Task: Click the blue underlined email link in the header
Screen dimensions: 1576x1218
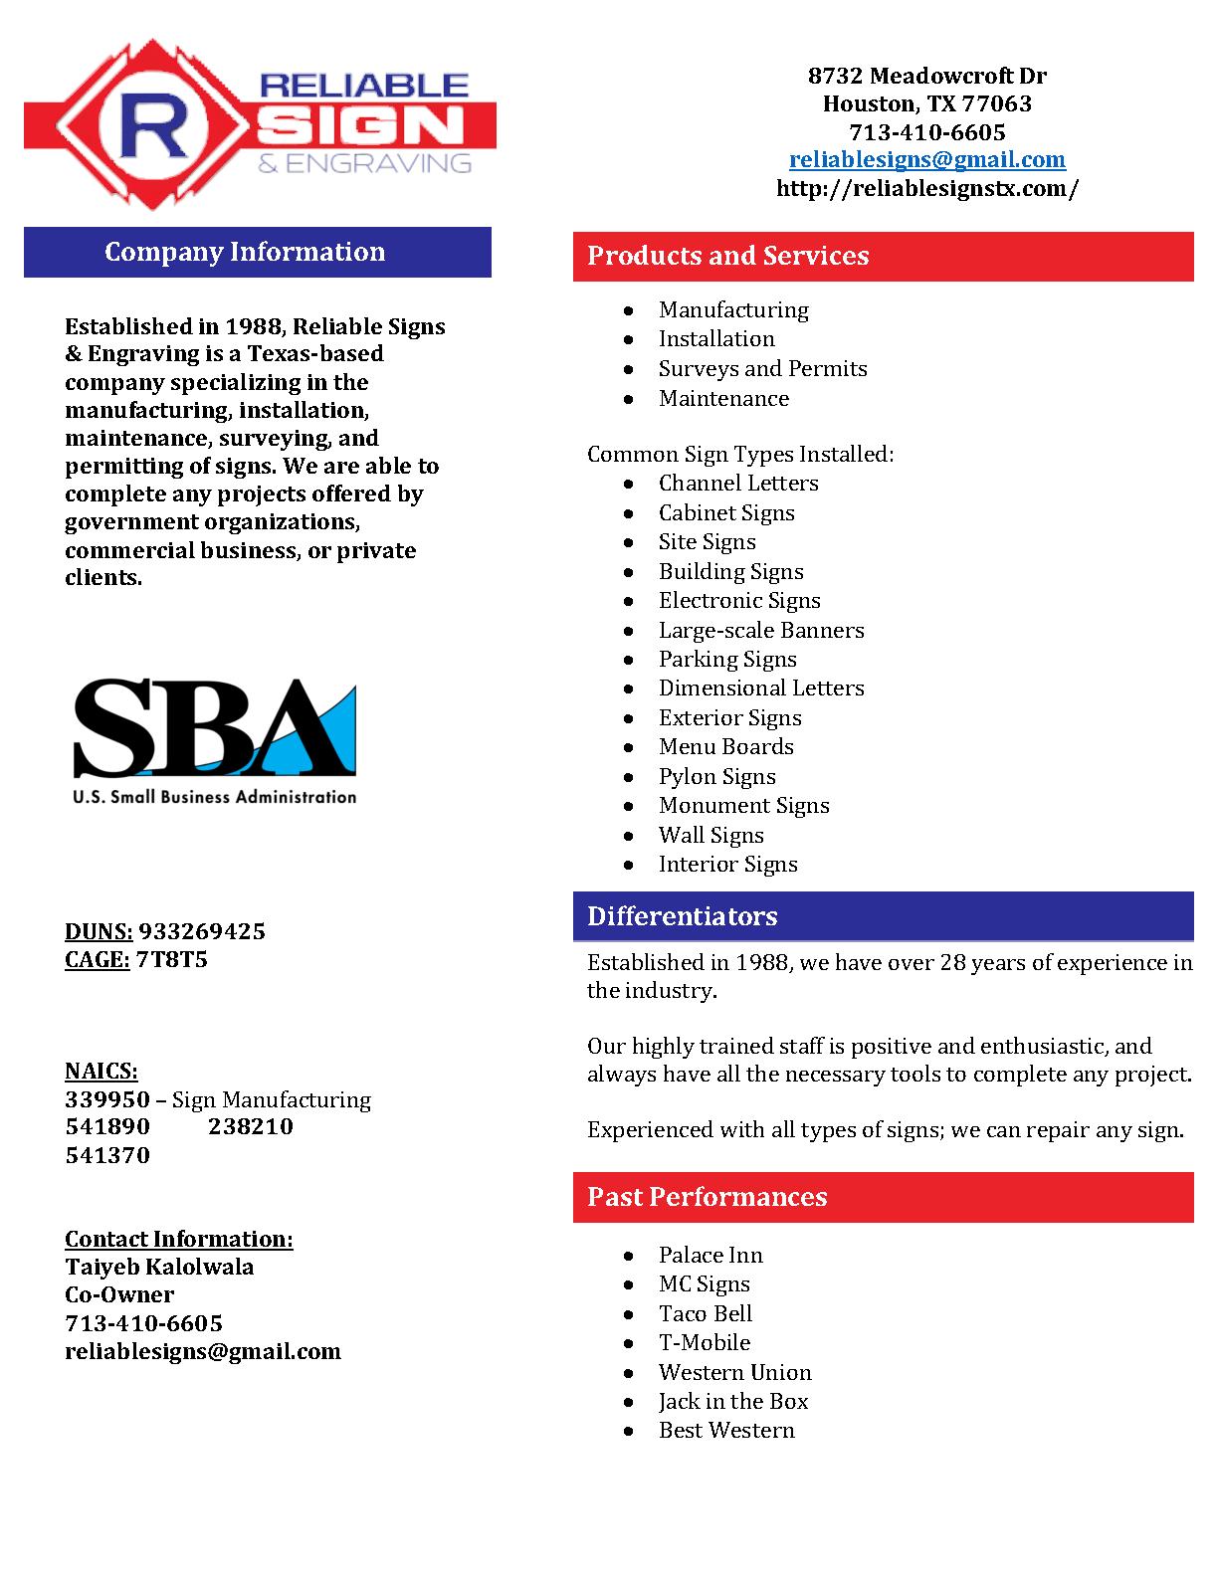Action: [926, 159]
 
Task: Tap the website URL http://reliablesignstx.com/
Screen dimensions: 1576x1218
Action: [926, 188]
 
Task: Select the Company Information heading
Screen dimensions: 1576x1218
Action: [245, 252]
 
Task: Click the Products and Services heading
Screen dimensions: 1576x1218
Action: [727, 256]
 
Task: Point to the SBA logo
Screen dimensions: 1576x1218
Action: [214, 740]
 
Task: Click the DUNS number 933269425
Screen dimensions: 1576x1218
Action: [202, 931]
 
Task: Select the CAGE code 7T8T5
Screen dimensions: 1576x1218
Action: [171, 959]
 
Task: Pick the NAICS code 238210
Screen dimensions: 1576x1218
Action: [251, 1126]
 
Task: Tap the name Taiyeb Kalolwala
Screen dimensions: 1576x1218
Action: [159, 1267]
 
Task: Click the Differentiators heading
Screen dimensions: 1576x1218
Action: [682, 916]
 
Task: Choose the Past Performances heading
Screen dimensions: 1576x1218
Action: [707, 1197]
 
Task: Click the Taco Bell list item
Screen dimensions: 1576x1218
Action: [705, 1313]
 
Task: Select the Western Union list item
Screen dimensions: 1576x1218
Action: [734, 1372]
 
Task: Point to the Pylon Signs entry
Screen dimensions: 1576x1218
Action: [716, 776]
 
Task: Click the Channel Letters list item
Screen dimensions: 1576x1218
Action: [738, 483]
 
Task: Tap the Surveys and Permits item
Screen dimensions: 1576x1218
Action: [762, 368]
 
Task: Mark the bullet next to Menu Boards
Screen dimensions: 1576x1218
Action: [628, 747]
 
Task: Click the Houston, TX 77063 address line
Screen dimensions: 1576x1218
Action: [926, 103]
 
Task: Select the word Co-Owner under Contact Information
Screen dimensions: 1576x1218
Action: [119, 1294]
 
